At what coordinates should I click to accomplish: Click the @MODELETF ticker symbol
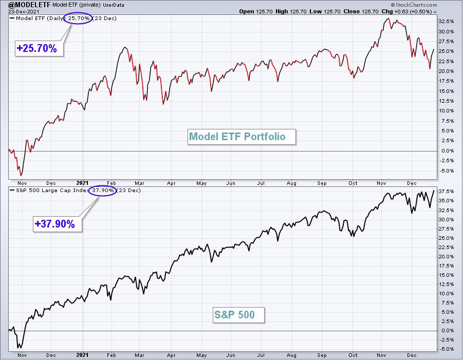point(29,5)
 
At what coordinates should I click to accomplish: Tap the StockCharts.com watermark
point(414,5)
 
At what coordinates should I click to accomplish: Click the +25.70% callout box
point(39,48)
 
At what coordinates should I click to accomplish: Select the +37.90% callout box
point(57,224)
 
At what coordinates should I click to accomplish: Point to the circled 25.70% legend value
point(78,18)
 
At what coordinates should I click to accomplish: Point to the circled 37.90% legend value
point(102,191)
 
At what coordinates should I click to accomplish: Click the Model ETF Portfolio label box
point(242,137)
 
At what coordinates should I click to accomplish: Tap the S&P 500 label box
point(238,315)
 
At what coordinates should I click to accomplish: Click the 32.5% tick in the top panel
point(446,21)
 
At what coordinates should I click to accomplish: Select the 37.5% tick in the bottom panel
point(446,191)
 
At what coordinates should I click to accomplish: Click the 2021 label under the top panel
point(82,183)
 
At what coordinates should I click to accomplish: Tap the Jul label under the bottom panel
point(261,355)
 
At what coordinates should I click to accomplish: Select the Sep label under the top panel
point(322,183)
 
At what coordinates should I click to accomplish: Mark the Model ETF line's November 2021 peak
point(388,18)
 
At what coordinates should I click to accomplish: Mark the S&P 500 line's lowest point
point(21,348)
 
